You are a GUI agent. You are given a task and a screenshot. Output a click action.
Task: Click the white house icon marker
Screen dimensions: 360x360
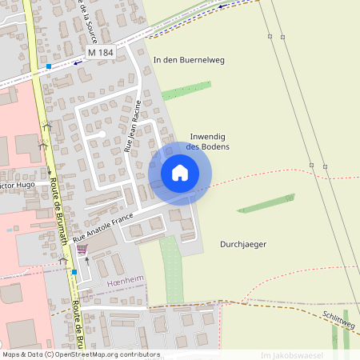pyautogui.click(x=180, y=173)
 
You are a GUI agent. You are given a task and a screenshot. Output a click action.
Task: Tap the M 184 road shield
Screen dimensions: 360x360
pyautogui.click(x=102, y=52)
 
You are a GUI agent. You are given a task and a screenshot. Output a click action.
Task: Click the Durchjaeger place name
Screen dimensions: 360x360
pyautogui.click(x=242, y=244)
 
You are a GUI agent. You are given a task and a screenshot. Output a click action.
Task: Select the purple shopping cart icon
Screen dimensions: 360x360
pyautogui.click(x=82, y=249)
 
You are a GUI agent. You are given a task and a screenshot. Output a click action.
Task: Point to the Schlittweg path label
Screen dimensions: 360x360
pyautogui.click(x=339, y=318)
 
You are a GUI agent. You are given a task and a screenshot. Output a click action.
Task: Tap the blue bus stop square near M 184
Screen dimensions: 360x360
pyautogui.click(x=49, y=66)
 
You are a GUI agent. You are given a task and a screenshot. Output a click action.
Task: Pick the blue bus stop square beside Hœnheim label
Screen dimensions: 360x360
pyautogui.click(x=74, y=272)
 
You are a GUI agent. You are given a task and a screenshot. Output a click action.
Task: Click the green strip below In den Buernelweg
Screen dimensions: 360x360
pyautogui.click(x=186, y=90)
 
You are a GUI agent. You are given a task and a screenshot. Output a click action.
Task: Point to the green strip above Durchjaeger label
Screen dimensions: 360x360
pyautogui.click(x=268, y=204)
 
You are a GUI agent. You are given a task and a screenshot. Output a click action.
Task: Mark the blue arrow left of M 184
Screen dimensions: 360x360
pyautogui.click(x=78, y=62)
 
